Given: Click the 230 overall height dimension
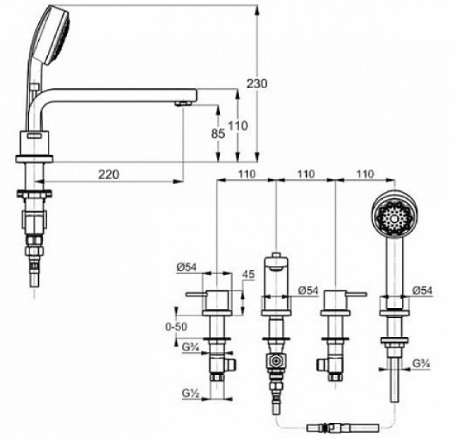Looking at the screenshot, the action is pos(257,84).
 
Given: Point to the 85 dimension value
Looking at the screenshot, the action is pos(218,133).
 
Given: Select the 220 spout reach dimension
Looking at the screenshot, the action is pos(109,174).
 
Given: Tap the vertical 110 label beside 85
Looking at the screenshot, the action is pos(238,125).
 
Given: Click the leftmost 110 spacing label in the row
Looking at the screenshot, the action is pos(247,174).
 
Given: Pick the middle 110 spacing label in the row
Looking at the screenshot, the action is pos(306,174).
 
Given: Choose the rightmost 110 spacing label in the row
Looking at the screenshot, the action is pos(365,174).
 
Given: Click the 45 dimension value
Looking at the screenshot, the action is pos(248,274).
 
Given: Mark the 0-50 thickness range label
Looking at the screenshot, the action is pos(176,327).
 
